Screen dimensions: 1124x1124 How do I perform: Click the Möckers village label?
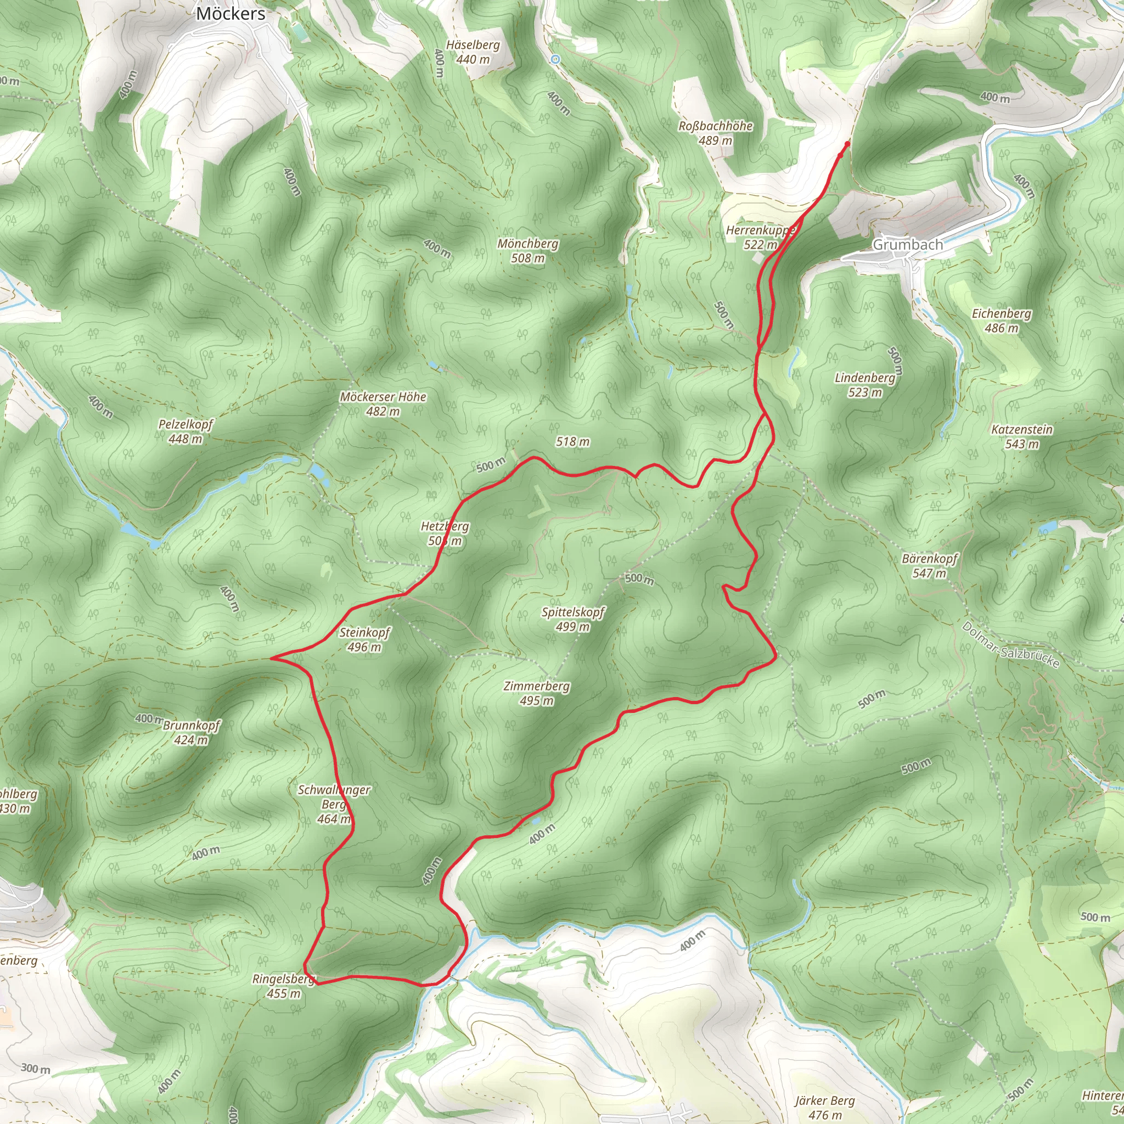click(x=231, y=14)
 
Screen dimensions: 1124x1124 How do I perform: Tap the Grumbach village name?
click(x=907, y=245)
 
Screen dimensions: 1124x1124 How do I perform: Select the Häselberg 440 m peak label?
click(x=473, y=52)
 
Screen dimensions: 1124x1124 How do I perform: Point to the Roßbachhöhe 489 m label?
click(x=715, y=133)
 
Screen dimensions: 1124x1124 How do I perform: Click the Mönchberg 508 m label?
click(x=527, y=251)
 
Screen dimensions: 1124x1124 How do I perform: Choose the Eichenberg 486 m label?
click(x=1001, y=321)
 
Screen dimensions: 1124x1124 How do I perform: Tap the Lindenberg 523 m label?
click(x=864, y=385)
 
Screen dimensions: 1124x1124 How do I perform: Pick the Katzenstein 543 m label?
click(x=1021, y=437)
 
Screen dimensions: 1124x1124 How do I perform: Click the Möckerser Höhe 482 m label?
click(x=383, y=404)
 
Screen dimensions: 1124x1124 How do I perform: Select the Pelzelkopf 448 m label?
click(x=186, y=432)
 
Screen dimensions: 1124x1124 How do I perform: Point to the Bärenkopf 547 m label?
click(x=929, y=566)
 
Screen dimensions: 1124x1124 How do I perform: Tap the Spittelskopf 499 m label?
click(x=572, y=619)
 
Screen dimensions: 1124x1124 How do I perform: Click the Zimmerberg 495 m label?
click(x=536, y=693)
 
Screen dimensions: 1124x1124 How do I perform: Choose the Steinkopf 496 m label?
click(x=364, y=639)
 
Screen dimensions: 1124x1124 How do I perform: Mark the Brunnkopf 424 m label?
click(x=191, y=733)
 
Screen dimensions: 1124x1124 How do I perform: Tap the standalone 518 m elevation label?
click(x=572, y=442)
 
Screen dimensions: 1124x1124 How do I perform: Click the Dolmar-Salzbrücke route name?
click(x=1010, y=645)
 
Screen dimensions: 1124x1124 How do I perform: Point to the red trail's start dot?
click(x=846, y=144)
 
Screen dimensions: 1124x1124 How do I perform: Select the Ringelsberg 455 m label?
click(x=283, y=986)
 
